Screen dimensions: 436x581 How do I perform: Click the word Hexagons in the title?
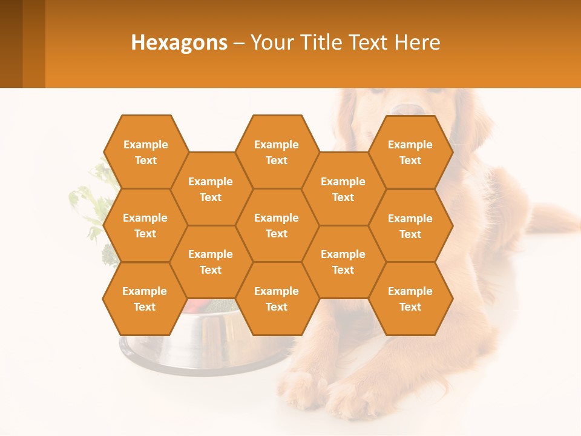pyautogui.click(x=179, y=42)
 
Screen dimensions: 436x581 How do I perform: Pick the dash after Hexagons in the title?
pyautogui.click(x=239, y=43)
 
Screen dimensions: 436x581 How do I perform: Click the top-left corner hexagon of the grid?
pyautogui.click(x=146, y=152)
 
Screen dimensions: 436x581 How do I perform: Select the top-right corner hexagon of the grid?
pyautogui.click(x=410, y=152)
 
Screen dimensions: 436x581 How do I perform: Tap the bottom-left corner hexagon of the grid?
pyautogui.click(x=145, y=299)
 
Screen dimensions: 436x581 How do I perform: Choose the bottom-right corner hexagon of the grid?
pyautogui.click(x=410, y=299)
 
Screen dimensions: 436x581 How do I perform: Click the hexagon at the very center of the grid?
pyautogui.click(x=277, y=225)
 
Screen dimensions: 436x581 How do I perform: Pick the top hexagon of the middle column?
pyautogui.click(x=277, y=152)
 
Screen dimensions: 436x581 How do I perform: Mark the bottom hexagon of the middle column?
pyautogui.click(x=277, y=299)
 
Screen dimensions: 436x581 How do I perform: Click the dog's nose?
pyautogui.click(x=410, y=110)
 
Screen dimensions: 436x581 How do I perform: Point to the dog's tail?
pyautogui.click(x=554, y=218)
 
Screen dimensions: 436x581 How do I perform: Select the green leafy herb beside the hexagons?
pyautogui.click(x=88, y=206)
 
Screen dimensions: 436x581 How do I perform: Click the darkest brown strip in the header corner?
pyautogui.click(x=11, y=44)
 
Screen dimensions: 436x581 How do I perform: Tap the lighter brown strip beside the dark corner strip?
pyautogui.click(x=34, y=44)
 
